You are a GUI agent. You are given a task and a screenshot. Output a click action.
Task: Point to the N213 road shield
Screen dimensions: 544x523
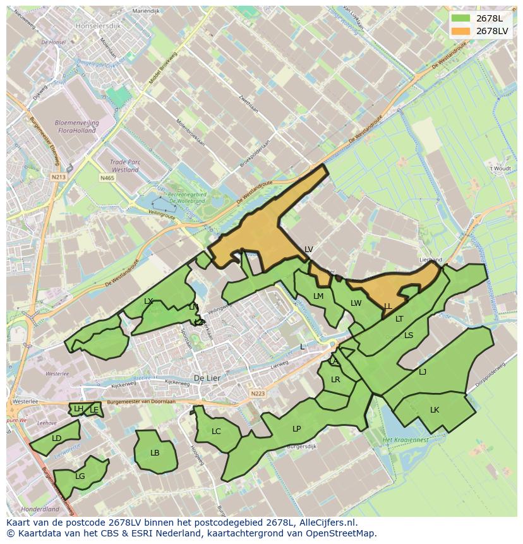[59, 178]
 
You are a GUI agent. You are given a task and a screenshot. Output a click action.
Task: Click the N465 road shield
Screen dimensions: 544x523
[107, 178]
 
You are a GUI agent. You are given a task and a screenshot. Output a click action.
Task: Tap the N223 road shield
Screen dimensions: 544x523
[258, 394]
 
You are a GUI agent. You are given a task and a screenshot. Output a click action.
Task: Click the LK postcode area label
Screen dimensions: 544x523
[435, 410]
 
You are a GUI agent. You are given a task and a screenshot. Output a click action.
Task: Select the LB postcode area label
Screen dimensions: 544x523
[155, 452]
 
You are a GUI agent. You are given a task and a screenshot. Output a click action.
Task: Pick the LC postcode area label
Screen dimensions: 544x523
[216, 432]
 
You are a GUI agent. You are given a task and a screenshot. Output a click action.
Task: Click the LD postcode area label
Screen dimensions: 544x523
[57, 438]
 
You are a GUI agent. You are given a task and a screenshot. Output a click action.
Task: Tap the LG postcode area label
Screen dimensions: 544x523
[80, 476]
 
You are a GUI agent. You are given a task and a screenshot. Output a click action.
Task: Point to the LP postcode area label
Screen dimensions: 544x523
[297, 428]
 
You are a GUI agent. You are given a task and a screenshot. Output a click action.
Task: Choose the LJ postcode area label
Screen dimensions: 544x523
[423, 372]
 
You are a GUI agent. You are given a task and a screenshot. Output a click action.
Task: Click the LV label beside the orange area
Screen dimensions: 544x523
[308, 250]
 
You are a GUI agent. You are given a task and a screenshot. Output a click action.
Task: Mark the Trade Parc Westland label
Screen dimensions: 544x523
[124, 166]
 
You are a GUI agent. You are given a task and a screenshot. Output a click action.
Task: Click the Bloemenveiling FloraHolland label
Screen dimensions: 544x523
[76, 126]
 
